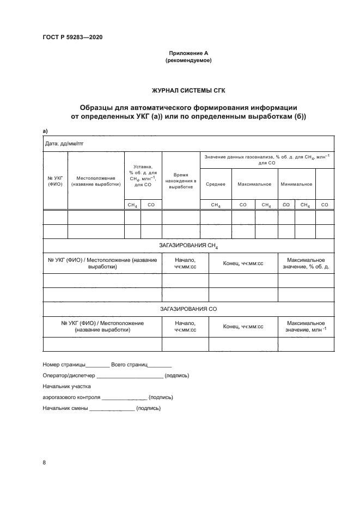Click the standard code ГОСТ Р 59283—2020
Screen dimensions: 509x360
tap(72, 37)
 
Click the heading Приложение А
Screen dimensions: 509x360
tap(188, 53)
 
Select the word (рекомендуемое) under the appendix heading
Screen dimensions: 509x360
tap(188, 60)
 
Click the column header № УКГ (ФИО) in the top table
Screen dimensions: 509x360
tap(55, 181)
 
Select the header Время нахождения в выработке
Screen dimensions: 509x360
tap(181, 181)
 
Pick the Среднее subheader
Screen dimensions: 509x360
tap(216, 184)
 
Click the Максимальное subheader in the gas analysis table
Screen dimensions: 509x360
tap(254, 184)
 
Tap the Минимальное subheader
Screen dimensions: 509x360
tap(296, 184)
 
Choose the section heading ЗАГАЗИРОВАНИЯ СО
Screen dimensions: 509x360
tap(188, 309)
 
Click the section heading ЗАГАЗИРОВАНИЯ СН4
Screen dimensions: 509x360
tap(188, 246)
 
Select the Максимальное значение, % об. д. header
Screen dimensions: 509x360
tap(306, 263)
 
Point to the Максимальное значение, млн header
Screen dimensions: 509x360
tap(306, 327)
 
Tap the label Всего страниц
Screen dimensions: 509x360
tap(129, 364)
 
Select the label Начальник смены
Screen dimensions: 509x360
tap(65, 408)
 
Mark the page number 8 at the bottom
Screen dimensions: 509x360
tap(44, 463)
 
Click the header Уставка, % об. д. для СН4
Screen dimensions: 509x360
tap(143, 176)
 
